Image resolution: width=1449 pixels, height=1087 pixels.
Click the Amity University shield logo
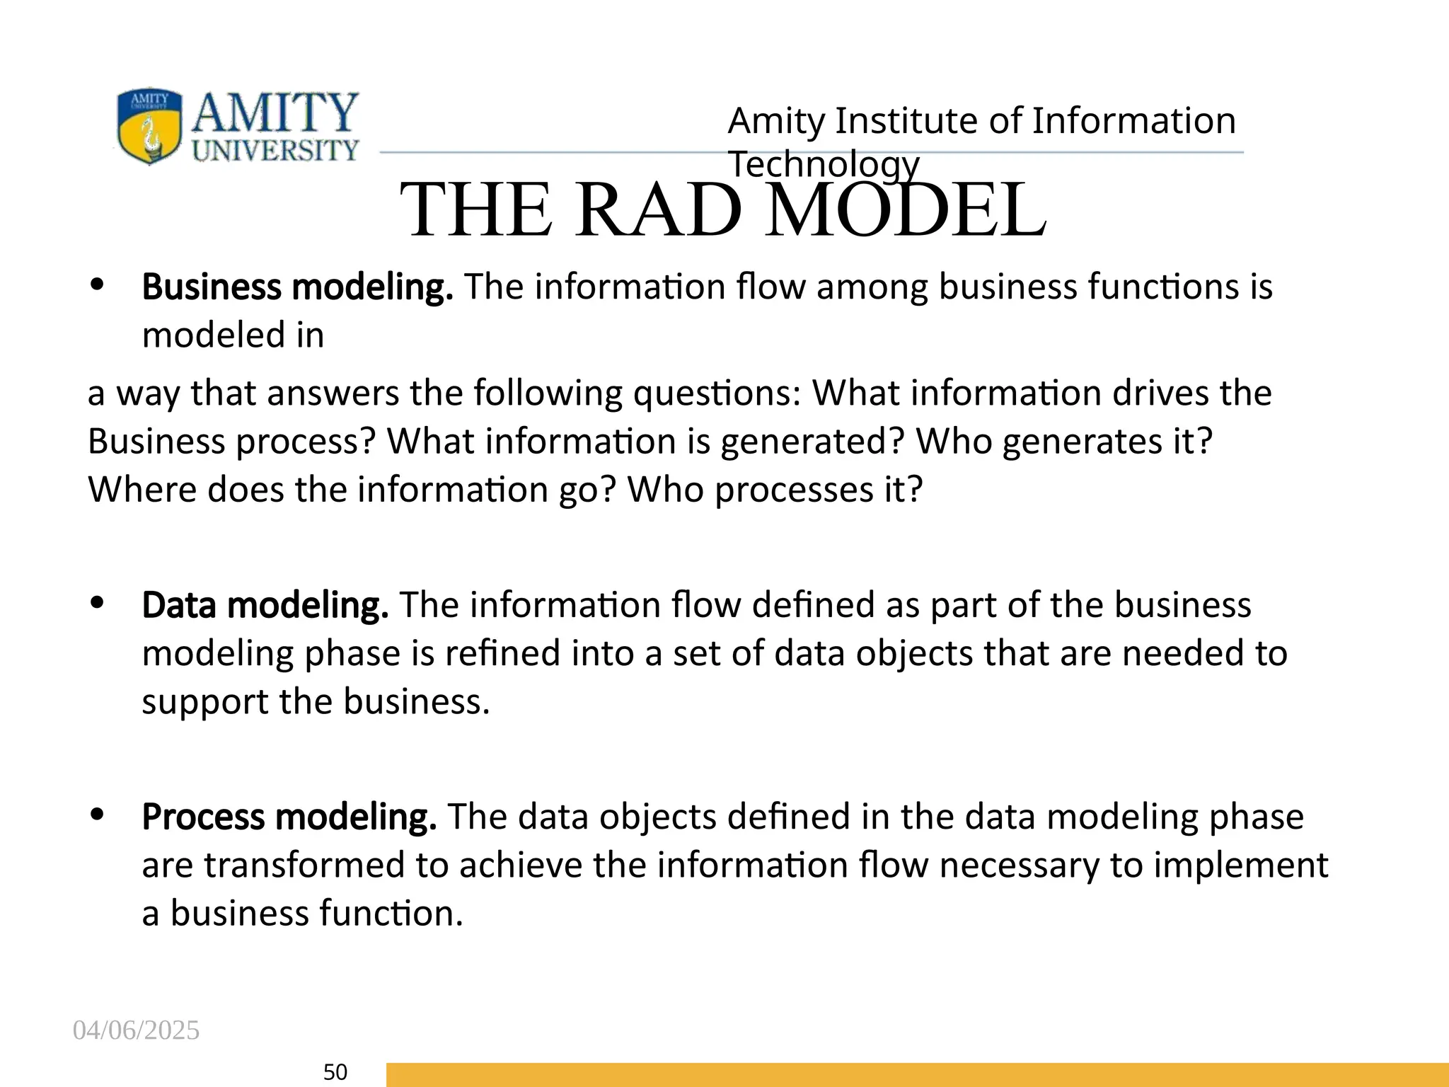(149, 126)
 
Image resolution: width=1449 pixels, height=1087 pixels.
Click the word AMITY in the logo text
(275, 113)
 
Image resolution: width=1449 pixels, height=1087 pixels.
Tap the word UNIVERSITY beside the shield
(275, 150)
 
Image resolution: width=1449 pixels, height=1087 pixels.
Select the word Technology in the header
(824, 164)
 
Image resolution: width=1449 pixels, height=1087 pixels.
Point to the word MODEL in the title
(906, 210)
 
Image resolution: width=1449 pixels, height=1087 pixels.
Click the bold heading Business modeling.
(297, 287)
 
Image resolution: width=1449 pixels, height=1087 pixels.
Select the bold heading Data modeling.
(265, 606)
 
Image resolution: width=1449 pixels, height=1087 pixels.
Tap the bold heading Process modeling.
(289, 817)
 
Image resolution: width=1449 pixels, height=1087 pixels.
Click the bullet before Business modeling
(98, 286)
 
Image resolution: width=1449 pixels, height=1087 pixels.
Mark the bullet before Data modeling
(98, 604)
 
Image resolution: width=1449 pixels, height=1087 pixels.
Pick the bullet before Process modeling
(98, 815)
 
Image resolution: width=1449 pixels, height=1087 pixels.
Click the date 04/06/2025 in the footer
(136, 1030)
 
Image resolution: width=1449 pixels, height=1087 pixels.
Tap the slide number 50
(335, 1072)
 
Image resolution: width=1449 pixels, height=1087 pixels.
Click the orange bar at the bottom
(916, 1074)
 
